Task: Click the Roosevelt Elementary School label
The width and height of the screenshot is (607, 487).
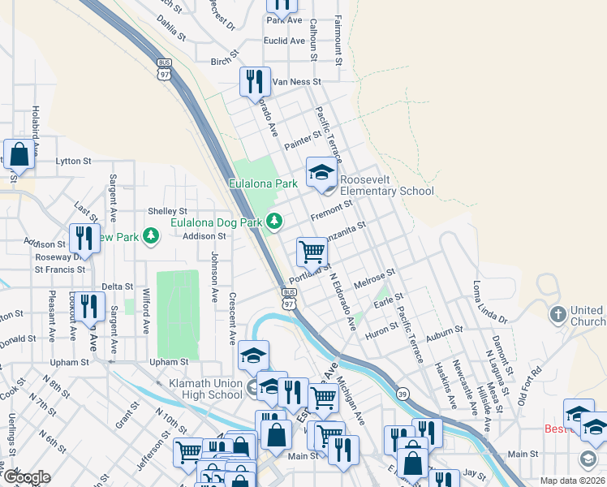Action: pos(386,185)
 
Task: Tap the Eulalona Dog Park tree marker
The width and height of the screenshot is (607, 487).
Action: pos(275,221)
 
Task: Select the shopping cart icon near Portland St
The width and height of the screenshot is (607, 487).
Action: pos(312,252)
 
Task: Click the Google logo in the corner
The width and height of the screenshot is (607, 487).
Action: pos(26,477)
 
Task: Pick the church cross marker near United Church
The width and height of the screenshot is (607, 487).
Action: pos(557,314)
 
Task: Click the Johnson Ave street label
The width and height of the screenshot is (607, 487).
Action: pos(214,277)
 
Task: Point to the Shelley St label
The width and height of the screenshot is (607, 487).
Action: pos(168,211)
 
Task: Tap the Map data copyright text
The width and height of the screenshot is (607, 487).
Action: pos(572,481)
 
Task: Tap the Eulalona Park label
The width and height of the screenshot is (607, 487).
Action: pos(265,184)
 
